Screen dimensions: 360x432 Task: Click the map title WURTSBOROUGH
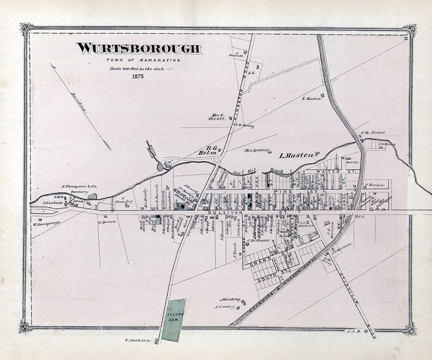139,48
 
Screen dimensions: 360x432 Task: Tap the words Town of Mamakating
143,60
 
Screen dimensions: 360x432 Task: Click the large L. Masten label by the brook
296,155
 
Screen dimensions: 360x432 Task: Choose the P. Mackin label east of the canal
375,185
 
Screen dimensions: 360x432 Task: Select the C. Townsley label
127,200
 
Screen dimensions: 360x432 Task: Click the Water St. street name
336,172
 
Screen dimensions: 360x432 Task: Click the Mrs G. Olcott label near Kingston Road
217,116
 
